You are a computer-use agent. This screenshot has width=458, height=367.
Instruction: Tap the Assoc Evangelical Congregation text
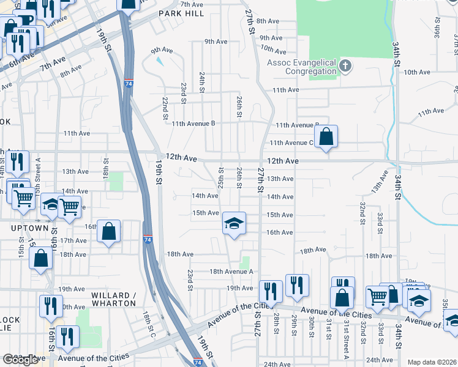301,67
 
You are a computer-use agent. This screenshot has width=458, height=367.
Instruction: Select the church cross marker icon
345,66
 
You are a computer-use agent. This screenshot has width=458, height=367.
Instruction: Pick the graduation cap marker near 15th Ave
234,223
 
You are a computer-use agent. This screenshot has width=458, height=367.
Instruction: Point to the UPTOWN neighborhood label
29,228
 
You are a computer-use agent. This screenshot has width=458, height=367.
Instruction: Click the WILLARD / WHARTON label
113,299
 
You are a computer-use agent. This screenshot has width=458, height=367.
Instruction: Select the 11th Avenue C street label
292,143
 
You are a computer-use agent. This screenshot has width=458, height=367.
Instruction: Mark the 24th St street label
201,82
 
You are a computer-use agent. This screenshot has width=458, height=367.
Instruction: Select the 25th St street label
221,177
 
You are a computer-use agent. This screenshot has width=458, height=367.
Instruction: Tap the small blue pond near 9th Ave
160,61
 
